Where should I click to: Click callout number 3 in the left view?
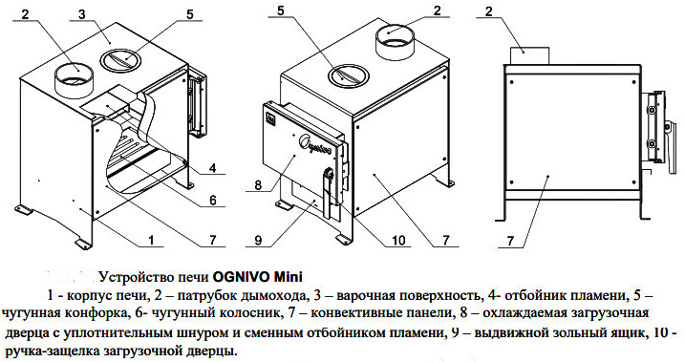[82, 13]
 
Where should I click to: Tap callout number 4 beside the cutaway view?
[213, 168]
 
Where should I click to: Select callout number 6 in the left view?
[213, 200]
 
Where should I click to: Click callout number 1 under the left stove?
[151, 240]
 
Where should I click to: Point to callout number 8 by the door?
[258, 184]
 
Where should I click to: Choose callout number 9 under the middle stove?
[258, 240]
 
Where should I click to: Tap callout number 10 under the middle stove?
[398, 240]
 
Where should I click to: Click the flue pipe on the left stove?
[75, 81]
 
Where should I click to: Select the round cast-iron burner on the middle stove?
[349, 76]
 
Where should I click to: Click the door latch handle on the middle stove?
[328, 194]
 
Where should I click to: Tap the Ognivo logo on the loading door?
[315, 144]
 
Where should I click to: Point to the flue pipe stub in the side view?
[530, 56]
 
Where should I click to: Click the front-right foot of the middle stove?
[343, 239]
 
